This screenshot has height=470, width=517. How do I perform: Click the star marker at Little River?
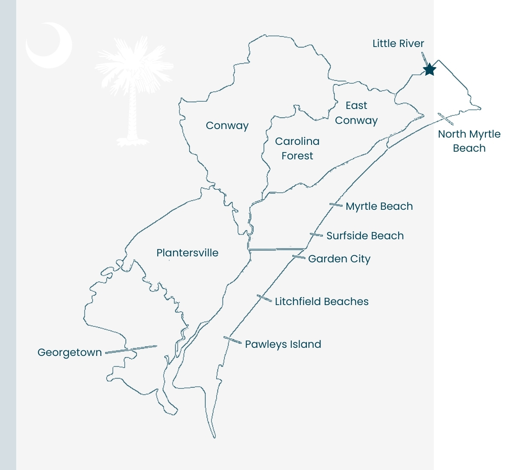coord(429,69)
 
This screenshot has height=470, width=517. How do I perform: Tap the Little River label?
coord(398,44)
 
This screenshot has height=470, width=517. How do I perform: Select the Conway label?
coord(227,126)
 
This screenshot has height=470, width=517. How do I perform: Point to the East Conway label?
coord(356,113)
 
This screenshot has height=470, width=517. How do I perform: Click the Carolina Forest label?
coord(297,148)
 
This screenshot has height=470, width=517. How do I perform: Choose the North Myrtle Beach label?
coord(469,141)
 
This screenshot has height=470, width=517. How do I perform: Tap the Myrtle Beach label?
coord(379,206)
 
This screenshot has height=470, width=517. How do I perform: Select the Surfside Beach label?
coord(365,236)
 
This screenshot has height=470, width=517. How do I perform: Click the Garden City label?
coord(339,259)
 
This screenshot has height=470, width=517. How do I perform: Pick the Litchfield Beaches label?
coord(322,302)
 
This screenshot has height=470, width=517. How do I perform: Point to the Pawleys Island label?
coord(283,344)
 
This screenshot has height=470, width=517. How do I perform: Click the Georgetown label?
coord(70,352)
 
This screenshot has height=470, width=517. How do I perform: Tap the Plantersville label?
coord(187,253)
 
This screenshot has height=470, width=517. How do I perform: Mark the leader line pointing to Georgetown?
coord(131,349)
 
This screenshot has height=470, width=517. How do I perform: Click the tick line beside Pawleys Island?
coord(232,340)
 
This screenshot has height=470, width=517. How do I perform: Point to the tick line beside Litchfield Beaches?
coord(264,298)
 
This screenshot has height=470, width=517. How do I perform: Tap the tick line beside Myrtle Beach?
coord(336,205)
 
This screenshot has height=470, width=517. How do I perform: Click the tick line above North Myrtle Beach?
coord(444,117)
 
